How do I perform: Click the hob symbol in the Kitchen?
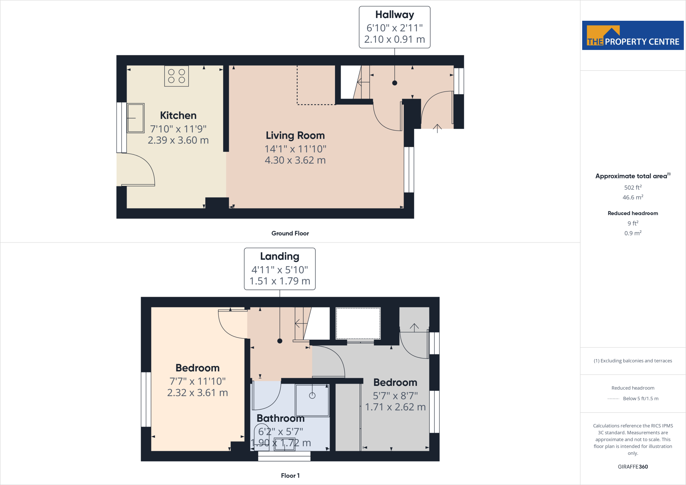click(177, 76)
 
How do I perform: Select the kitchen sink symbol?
click(136, 118)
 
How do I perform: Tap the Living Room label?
click(295, 135)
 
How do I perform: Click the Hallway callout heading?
click(395, 15)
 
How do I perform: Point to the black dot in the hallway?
click(395, 83)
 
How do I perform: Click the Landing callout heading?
click(280, 256)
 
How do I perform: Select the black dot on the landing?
click(280, 341)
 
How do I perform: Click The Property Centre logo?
click(633, 36)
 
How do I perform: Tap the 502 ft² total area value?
click(633, 188)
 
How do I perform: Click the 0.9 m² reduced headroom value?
click(633, 233)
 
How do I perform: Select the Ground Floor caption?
click(290, 233)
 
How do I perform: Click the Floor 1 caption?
click(290, 476)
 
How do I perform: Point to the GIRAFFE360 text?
click(633, 467)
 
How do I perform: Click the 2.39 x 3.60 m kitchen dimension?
click(178, 140)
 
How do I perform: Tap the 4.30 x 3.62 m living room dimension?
click(295, 160)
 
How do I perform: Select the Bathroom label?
click(280, 418)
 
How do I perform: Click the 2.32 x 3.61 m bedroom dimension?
click(197, 393)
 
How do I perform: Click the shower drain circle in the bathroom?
click(312, 396)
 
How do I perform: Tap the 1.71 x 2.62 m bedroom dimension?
click(395, 407)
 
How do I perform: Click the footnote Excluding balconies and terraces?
click(633, 361)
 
